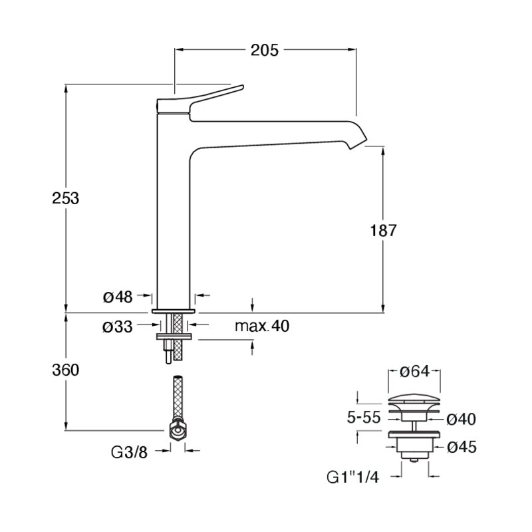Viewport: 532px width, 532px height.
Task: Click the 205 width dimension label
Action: tap(264, 51)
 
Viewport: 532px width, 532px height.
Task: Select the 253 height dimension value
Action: tap(65, 198)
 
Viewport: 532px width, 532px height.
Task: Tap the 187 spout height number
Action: tap(383, 230)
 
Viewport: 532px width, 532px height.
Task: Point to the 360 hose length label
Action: tap(65, 370)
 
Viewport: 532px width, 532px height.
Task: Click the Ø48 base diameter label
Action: tap(118, 297)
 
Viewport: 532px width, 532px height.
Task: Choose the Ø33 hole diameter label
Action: tap(118, 327)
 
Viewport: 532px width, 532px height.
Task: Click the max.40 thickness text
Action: tap(262, 326)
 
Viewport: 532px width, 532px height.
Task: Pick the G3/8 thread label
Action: tap(129, 452)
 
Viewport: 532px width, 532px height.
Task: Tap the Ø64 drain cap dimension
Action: tap(414, 371)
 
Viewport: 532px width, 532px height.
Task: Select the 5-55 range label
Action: tap(364, 417)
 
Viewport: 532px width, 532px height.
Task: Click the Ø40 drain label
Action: tap(461, 420)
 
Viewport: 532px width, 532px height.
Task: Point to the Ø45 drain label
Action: tap(462, 447)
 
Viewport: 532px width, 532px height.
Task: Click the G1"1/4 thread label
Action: tap(352, 477)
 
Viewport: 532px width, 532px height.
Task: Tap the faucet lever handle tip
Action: tap(241, 87)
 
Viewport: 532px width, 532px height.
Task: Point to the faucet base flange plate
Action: tap(174, 311)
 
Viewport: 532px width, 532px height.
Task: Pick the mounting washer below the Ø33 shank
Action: tap(174, 336)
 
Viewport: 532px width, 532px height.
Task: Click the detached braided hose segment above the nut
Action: tap(178, 398)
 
